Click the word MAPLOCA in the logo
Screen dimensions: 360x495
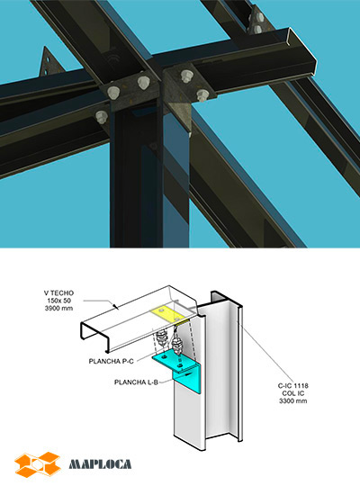coord(100,464)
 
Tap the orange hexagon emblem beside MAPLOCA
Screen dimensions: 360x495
coord(38,464)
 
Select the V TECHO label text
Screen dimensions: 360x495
coord(58,293)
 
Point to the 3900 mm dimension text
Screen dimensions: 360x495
coord(58,308)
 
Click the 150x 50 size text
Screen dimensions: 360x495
coord(58,301)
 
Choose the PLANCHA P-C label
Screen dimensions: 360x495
coord(112,361)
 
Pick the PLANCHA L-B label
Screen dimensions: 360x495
coord(136,382)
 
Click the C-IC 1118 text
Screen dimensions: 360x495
coord(293,386)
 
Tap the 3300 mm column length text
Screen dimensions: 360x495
coord(293,400)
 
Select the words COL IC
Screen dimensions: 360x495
coord(293,393)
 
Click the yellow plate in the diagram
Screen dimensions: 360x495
coord(170,315)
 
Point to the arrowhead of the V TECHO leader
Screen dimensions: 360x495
coord(115,306)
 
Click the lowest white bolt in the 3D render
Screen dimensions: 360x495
coord(101,117)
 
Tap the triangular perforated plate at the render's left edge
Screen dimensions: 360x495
coord(49,63)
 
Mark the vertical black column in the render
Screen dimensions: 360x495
coord(137,176)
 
